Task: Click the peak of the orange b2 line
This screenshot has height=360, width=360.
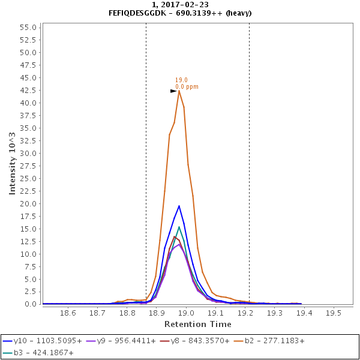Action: (179, 91)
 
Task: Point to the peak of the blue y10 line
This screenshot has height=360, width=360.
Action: (179, 206)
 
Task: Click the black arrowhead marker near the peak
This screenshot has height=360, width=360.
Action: (173, 91)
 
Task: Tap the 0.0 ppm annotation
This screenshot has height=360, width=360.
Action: (187, 87)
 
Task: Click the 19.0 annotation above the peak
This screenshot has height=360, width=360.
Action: (181, 80)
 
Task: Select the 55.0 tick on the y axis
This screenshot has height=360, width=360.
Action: (29, 27)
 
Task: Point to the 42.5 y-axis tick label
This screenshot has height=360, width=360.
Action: (29, 90)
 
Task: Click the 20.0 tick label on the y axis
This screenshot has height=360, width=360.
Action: (29, 203)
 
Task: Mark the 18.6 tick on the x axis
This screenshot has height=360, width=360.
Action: (68, 313)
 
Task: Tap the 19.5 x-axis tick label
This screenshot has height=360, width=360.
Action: (333, 313)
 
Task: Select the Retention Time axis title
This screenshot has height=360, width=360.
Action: (197, 325)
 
